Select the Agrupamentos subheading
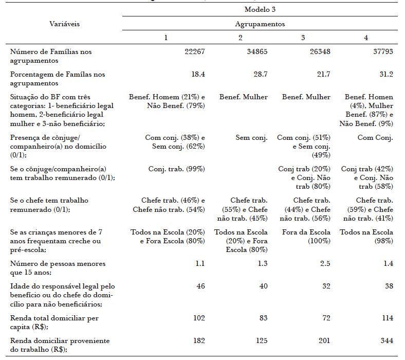[260, 24]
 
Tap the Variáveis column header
[64, 24]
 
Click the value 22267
[195, 51]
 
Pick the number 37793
[382, 51]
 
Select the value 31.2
[386, 74]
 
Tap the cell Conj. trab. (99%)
[177, 169]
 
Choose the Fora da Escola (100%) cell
[306, 236]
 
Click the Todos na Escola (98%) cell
[366, 236]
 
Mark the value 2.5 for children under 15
[324, 263]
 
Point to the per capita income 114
[387, 318]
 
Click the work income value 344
[387, 340]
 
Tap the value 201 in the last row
[324, 340]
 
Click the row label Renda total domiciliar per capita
[54, 321]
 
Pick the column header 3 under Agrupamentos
[303, 38]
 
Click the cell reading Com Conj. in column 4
[375, 138]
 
